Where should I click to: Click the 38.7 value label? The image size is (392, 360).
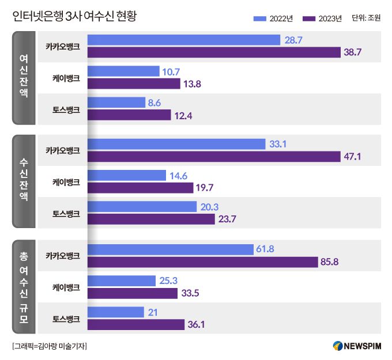pyautogui.click(x=352, y=52)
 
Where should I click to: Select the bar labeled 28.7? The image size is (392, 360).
pyautogui.click(x=183, y=40)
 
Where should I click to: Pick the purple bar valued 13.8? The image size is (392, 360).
pyautogui.click(x=134, y=84)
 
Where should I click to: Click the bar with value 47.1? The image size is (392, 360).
pyautogui.click(x=213, y=157)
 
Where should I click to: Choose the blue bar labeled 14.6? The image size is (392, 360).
pyautogui.click(x=127, y=175)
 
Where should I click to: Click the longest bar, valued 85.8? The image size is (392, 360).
pyautogui.click(x=203, y=262)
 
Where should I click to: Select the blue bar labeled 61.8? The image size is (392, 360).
pyautogui.click(x=171, y=249)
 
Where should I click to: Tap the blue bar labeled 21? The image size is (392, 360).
pyautogui.click(x=116, y=312)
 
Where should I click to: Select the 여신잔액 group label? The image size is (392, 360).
pyautogui.click(x=24, y=78)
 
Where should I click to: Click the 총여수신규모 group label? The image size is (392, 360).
pyautogui.click(x=24, y=286)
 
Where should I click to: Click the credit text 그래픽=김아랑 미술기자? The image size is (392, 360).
pyautogui.click(x=49, y=346)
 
